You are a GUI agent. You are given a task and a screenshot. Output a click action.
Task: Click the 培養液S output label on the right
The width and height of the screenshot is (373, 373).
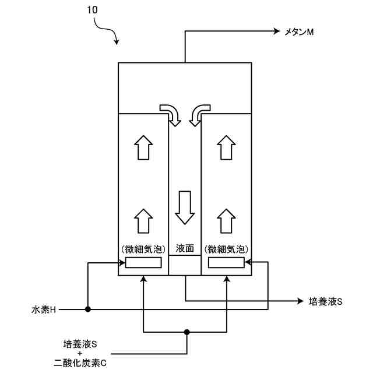[325, 301]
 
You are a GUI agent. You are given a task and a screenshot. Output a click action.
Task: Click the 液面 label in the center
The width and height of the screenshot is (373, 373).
[184, 248]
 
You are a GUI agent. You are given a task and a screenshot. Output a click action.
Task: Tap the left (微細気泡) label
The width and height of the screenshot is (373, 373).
[143, 249]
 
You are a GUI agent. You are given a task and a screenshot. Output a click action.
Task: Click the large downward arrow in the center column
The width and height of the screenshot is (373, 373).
[185, 207]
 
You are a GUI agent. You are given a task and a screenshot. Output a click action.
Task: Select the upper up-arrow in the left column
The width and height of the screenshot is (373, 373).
[143, 147]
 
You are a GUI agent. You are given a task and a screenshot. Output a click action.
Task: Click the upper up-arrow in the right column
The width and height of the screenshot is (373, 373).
[226, 147]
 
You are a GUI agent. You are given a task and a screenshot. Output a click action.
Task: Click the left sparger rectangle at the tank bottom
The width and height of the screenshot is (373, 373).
[143, 263]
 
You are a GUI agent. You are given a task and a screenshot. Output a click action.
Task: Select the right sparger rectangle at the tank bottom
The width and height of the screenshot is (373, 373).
[226, 263]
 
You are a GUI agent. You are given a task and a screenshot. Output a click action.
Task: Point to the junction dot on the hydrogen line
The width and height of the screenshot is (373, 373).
[87, 309]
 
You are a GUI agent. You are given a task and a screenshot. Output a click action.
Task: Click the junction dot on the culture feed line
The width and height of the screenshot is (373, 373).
[186, 333]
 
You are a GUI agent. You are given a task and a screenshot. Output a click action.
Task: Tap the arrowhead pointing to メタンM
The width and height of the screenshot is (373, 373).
[277, 32]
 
